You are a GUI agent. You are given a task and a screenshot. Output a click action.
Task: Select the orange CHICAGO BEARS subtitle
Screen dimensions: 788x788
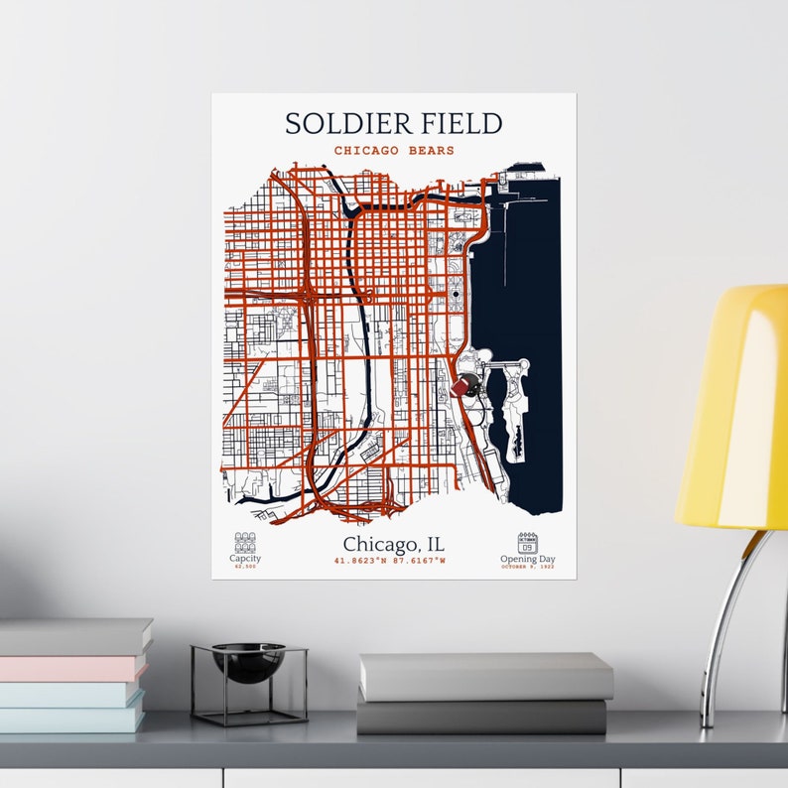394,151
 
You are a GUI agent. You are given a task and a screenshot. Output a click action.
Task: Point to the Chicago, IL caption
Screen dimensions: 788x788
394,545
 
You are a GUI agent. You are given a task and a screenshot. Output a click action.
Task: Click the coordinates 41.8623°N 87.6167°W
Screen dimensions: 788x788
390,562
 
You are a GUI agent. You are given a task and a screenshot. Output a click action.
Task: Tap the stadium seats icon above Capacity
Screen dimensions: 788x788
245,542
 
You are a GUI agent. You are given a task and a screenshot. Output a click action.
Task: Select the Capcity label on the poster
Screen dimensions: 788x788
245,559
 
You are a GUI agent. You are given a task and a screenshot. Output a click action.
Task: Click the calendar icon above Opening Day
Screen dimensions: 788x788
527,542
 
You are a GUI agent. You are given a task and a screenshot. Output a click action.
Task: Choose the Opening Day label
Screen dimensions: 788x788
528,559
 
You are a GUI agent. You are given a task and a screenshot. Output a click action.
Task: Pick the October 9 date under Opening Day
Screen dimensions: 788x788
528,567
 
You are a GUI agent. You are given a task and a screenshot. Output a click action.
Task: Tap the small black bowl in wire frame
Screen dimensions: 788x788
248,663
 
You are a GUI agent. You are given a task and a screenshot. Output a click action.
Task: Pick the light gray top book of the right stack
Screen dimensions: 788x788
485,677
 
